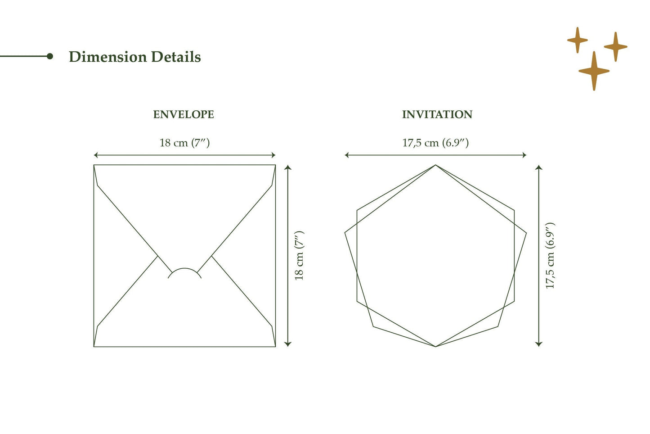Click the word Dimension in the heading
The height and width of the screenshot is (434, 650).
[x=108, y=57]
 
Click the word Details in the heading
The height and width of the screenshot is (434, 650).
[x=176, y=57]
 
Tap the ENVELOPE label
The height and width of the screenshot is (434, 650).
[x=184, y=114]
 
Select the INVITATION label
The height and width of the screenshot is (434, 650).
[x=437, y=114]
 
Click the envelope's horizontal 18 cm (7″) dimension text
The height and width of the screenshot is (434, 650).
[x=184, y=143]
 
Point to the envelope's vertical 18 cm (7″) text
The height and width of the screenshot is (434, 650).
[x=299, y=256]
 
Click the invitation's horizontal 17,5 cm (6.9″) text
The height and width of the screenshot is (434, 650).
[x=435, y=143]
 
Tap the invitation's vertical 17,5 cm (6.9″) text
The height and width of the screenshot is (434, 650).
[x=550, y=256]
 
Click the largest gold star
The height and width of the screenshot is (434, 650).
[x=594, y=71]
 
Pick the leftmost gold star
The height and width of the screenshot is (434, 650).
[x=578, y=40]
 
